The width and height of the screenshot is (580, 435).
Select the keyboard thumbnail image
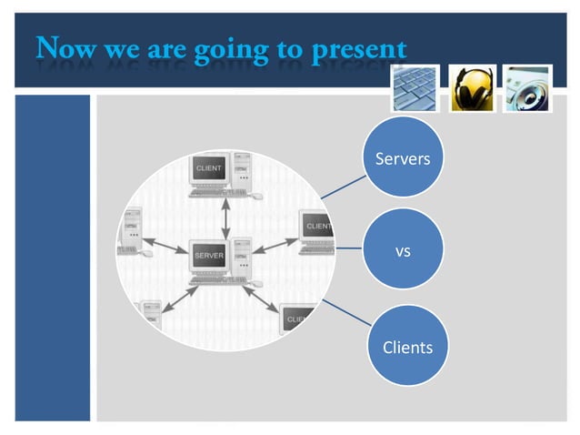click(415, 87)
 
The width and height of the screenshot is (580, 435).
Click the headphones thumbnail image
click(473, 87)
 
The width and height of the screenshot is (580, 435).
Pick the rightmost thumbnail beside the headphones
click(527, 87)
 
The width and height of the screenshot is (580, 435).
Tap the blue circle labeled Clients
click(406, 346)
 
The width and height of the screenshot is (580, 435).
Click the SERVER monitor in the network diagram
click(208, 256)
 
